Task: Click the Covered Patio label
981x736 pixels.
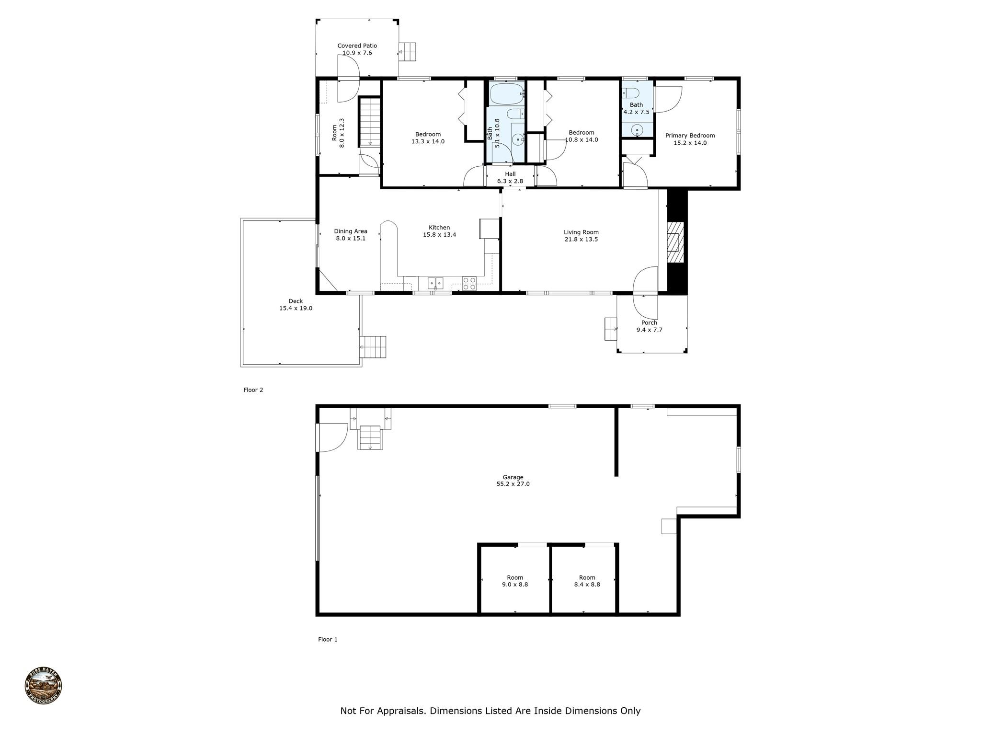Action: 357,46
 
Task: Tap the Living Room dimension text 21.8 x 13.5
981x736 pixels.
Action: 581,240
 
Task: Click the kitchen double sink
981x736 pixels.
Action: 435,283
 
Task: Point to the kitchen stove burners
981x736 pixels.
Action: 469,284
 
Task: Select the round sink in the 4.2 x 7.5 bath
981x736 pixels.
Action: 637,130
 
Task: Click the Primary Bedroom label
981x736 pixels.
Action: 690,136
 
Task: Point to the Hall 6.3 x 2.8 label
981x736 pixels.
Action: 510,178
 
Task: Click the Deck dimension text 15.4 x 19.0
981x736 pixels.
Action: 296,309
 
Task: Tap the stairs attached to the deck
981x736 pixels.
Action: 373,347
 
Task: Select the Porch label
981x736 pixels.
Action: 649,323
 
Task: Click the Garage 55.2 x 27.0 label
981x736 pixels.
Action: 513,481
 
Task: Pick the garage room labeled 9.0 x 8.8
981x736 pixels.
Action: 515,581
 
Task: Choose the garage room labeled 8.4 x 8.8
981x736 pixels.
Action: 587,581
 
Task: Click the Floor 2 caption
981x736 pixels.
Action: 253,390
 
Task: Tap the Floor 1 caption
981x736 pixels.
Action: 328,639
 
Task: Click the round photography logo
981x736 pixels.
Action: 44,686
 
